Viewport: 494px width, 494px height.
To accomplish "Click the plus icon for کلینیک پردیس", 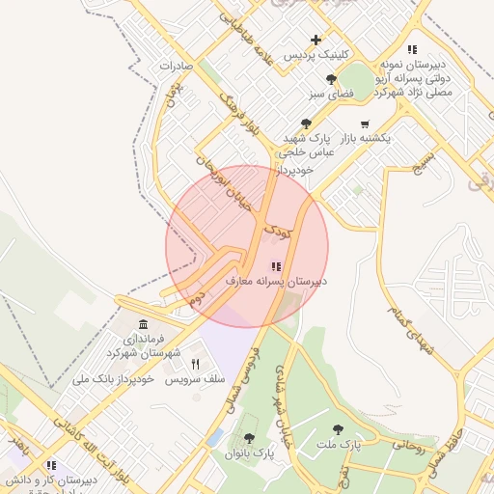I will pos(316,40).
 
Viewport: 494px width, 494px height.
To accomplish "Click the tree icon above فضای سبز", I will pos(332,79).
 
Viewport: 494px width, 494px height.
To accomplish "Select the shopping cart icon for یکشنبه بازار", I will pos(364,123).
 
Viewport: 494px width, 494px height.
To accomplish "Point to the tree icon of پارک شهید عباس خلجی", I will pos(306,123).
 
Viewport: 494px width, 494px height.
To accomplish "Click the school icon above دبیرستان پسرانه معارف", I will pos(275,266).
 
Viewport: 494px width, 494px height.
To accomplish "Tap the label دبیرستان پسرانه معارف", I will pos(276,282).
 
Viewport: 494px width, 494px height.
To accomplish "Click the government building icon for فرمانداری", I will pos(143,323).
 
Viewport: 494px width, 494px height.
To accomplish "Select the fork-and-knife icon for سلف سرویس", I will pos(196,364).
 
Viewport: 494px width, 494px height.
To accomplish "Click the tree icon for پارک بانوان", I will pos(249,439).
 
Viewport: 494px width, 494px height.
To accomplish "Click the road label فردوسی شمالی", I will pos(241,376).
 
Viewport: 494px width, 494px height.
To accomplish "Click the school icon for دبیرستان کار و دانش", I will pos(48,465).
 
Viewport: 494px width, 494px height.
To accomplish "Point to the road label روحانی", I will pos(408,447).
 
